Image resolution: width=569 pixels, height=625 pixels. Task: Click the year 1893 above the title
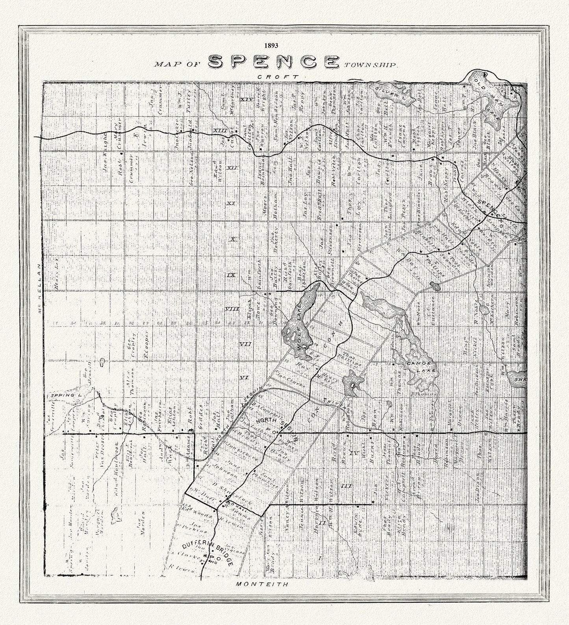(x=272, y=45)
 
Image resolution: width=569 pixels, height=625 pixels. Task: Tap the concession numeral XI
(x=231, y=203)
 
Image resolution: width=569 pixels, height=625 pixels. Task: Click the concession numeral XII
(x=232, y=168)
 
